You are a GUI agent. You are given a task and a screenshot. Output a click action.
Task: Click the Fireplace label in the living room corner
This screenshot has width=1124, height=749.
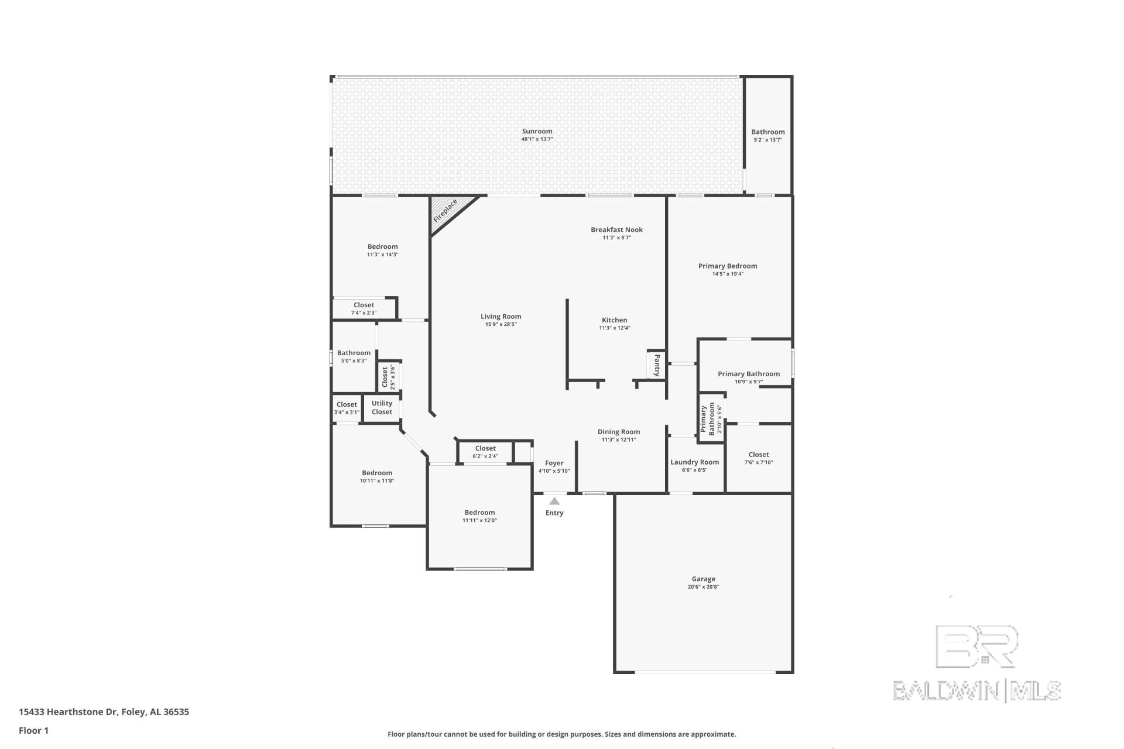[x=445, y=211]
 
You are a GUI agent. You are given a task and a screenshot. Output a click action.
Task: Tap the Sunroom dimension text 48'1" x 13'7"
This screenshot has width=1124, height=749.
[x=537, y=139]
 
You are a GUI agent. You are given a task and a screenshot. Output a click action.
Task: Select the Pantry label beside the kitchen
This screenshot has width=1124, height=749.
[x=657, y=365]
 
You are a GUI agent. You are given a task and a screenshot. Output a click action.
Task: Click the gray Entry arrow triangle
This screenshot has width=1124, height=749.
[x=554, y=501]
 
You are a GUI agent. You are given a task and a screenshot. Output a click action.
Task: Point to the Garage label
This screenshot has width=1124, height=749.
[x=703, y=579]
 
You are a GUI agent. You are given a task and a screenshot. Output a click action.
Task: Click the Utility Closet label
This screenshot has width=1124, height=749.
[x=382, y=407]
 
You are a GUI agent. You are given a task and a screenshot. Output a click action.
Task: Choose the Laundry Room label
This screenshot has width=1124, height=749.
[x=694, y=462]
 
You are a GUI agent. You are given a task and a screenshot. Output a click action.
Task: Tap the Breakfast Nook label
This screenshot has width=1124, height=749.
[x=616, y=230]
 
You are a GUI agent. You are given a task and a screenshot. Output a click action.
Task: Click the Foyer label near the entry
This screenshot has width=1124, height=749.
[x=554, y=463]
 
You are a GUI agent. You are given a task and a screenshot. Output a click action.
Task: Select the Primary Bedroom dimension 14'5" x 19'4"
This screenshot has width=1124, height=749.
[x=728, y=274]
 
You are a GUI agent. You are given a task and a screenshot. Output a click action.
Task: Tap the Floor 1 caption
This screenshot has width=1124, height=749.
[x=33, y=730]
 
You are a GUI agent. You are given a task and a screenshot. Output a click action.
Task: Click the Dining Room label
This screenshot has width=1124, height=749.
[x=619, y=432]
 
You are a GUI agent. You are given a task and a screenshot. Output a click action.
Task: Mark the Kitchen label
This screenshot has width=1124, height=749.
[x=614, y=320]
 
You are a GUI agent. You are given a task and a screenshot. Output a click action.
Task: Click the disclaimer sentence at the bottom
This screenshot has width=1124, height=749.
[x=561, y=734]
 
